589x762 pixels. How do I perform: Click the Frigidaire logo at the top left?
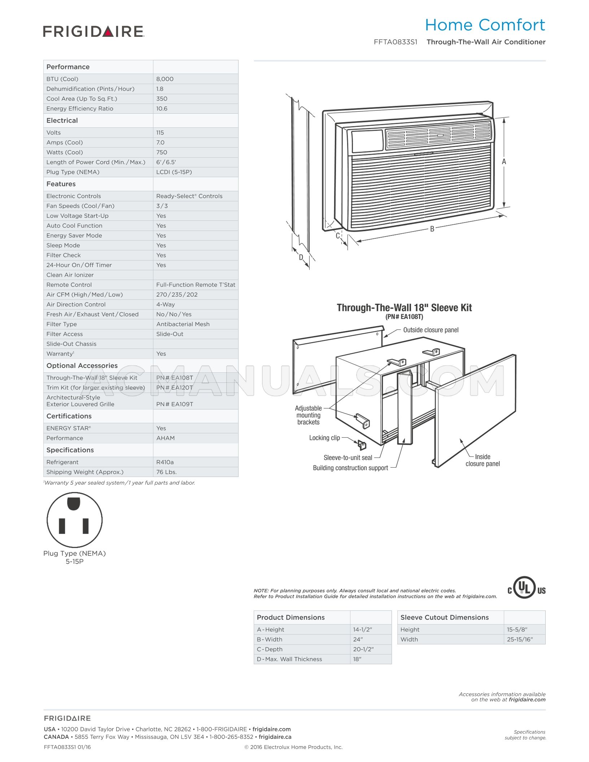[93, 31]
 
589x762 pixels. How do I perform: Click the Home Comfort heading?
[485, 25]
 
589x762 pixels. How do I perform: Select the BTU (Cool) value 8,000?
[165, 79]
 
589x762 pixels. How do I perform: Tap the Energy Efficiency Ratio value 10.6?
[162, 109]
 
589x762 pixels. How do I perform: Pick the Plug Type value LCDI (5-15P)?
[174, 172]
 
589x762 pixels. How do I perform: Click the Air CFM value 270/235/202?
[177, 294]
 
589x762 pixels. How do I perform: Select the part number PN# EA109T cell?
[175, 404]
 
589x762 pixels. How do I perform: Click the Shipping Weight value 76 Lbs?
[166, 472]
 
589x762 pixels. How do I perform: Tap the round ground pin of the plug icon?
[74, 504]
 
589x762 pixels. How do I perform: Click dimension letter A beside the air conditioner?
[504, 162]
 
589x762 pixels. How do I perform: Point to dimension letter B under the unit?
[432, 228]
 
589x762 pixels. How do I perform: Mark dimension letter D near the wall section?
[301, 257]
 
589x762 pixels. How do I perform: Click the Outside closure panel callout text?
[431, 330]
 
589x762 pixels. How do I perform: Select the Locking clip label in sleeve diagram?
[324, 438]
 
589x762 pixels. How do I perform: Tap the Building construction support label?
[350, 468]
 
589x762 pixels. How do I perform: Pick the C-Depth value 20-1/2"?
[363, 649]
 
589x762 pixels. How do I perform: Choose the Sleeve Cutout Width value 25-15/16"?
[520, 639]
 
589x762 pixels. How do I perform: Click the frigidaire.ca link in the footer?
[275, 737]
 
